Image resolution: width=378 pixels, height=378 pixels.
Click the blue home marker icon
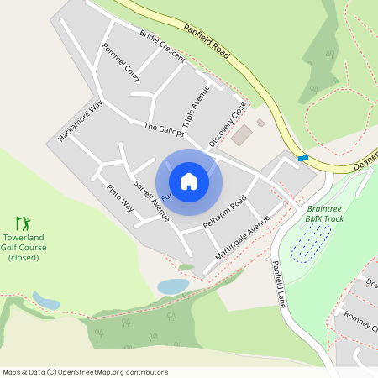(x=189, y=181)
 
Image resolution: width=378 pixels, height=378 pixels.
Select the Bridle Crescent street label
(x=162, y=46)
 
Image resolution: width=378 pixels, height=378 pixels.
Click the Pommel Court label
(x=120, y=62)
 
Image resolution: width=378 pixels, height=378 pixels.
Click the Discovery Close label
(x=228, y=124)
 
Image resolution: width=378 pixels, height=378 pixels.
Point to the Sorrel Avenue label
(x=152, y=200)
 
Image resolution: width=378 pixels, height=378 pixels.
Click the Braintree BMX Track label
(x=325, y=213)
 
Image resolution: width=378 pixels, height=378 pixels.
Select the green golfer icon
(x=24, y=223)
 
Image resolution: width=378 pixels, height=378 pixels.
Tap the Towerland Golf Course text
(x=24, y=247)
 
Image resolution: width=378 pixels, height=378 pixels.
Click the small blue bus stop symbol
(x=302, y=158)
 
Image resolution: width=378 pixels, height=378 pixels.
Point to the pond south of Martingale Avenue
(x=173, y=286)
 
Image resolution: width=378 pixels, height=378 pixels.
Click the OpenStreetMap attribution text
(x=85, y=372)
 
